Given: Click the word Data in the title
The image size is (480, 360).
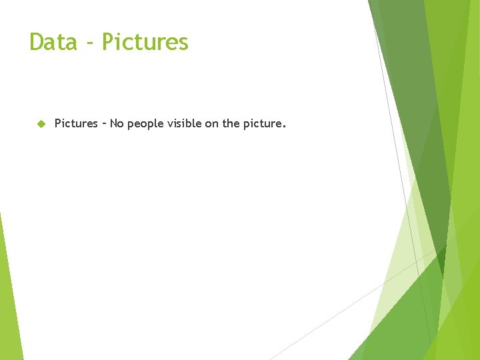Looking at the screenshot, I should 53,42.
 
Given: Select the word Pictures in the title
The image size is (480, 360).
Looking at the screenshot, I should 145,42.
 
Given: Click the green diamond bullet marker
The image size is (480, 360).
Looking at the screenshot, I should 40,123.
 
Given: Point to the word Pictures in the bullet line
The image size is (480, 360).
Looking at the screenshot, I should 76,123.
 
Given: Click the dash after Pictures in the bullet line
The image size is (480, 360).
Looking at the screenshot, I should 103,123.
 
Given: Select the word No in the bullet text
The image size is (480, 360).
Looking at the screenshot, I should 117,123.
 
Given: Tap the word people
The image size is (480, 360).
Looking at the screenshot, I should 145,124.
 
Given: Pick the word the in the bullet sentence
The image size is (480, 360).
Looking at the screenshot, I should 231,123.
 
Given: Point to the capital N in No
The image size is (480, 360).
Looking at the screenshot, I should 113,123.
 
